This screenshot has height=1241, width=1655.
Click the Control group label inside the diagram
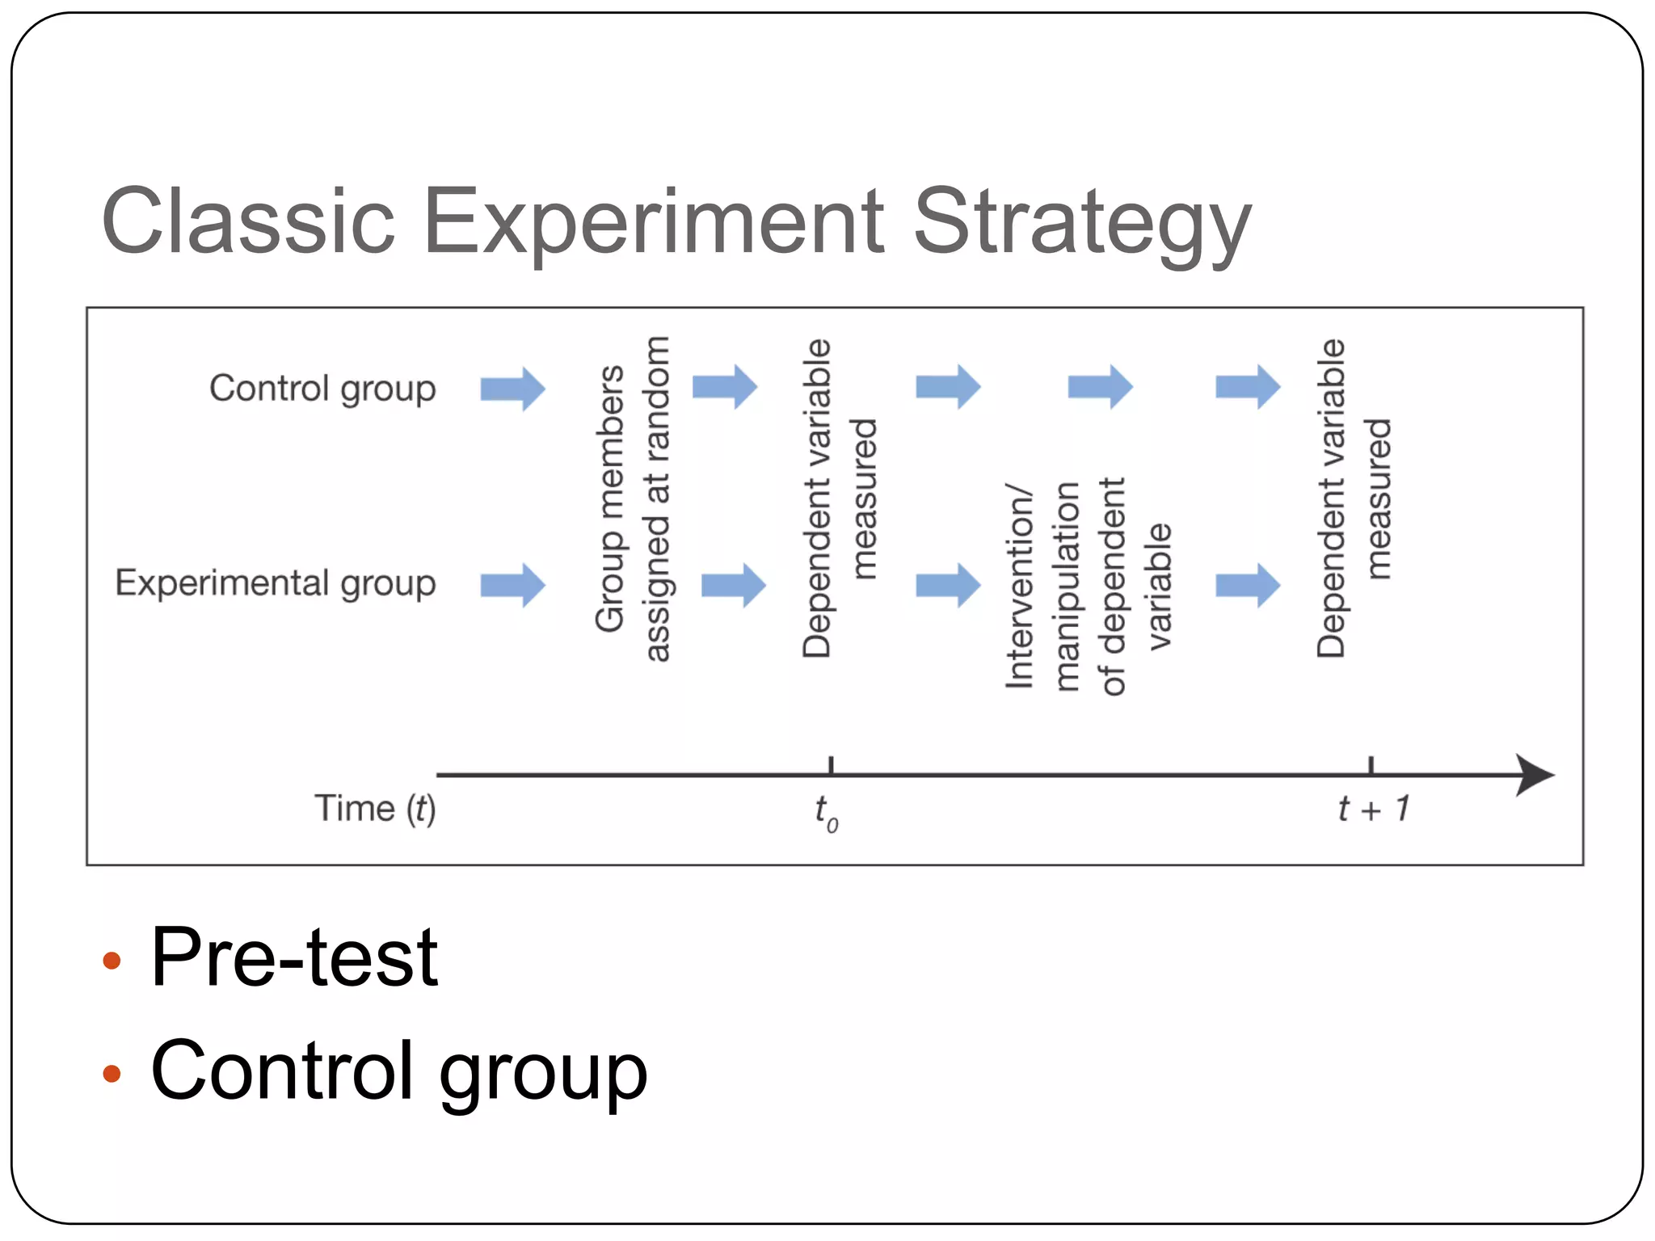[322, 389]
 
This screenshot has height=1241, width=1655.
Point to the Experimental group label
[276, 583]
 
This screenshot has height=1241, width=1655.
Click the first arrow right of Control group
[513, 389]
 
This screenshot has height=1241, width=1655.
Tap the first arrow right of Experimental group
[513, 585]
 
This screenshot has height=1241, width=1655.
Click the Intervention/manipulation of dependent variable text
[1087, 586]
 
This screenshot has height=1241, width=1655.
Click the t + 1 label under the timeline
[1373, 809]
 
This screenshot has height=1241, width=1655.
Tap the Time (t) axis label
[375, 809]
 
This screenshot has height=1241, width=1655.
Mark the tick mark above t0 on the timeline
[831, 764]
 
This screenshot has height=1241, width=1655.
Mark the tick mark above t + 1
[1371, 764]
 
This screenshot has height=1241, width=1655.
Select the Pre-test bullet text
[294, 957]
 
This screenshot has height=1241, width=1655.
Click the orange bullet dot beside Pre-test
[112, 961]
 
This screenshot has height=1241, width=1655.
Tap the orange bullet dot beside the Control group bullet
[112, 1074]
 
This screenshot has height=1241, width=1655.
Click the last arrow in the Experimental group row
[1248, 585]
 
